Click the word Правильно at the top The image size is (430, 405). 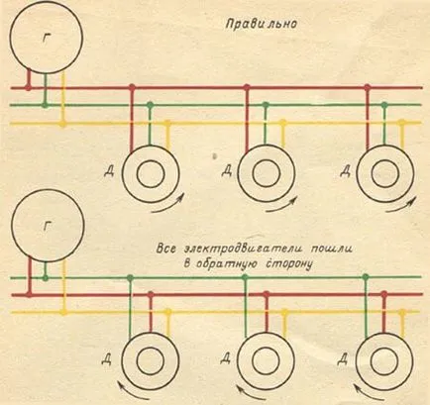pos(262,24)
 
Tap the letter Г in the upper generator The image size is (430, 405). pos(46,39)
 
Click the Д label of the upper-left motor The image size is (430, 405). pos(109,171)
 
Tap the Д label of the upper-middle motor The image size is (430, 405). pos(226,170)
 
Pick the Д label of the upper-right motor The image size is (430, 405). pos(345,171)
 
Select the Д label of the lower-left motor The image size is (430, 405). pos(106,358)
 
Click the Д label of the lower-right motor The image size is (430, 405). pos(342,358)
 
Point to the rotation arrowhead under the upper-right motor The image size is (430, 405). pos(412,200)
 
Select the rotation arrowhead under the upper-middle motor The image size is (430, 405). pos(294,199)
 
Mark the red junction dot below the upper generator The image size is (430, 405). pos(29,88)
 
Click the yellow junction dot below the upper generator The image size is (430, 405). pos(62,124)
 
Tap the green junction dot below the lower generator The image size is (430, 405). pos(46,278)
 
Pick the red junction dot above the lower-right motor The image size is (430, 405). pos(383,293)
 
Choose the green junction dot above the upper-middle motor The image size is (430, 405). pos(266,105)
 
